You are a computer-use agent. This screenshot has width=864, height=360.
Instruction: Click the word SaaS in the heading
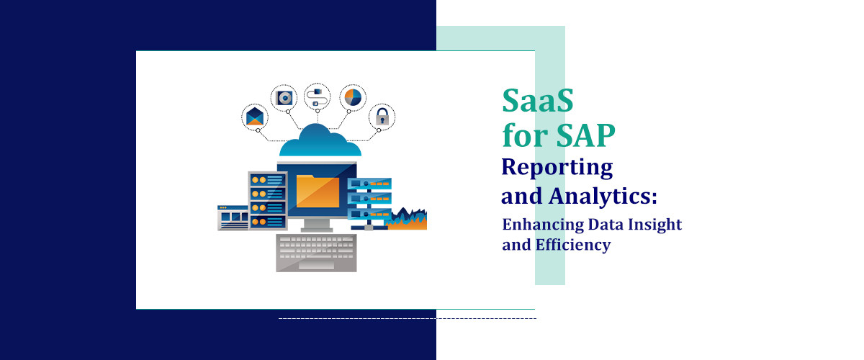[x=538, y=101]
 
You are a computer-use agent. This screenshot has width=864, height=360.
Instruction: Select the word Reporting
[x=557, y=168]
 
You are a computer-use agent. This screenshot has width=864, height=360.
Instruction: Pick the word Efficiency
[x=573, y=245]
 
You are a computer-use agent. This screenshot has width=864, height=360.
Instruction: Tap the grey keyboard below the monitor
[x=316, y=252]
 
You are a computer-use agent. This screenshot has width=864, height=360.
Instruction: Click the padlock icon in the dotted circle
[x=382, y=117]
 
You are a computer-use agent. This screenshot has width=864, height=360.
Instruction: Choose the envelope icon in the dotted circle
[x=255, y=117]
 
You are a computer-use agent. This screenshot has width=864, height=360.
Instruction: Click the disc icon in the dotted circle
[x=284, y=97]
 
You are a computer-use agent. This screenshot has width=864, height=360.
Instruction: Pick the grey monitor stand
[x=317, y=225]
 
